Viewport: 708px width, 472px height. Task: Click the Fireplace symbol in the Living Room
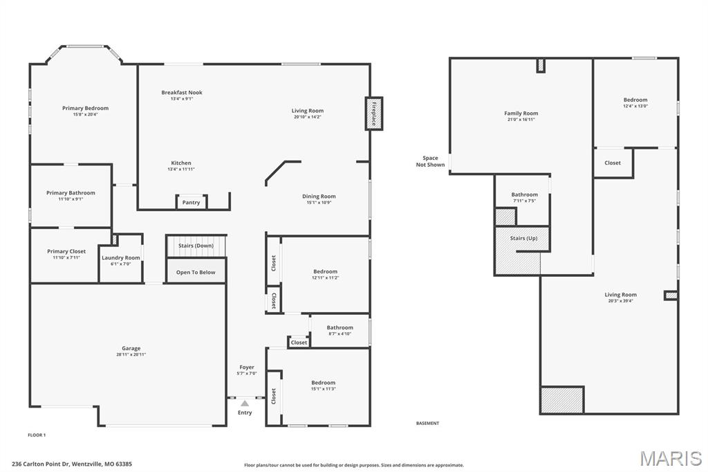tap(374, 114)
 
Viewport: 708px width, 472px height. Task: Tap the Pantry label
tap(192, 203)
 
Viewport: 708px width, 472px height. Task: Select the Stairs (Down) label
tap(196, 246)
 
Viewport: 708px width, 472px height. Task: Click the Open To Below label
tap(196, 272)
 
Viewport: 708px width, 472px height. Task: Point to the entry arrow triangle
tap(245, 403)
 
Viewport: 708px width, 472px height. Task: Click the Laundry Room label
tap(121, 257)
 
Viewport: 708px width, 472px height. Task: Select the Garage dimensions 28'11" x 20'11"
tap(131, 354)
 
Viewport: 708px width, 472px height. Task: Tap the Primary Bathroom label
tap(71, 192)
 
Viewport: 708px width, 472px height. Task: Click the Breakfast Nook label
tap(182, 92)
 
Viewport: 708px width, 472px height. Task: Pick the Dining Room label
tap(319, 196)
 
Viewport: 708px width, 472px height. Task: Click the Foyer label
tap(247, 367)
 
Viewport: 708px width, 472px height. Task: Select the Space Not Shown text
tap(430, 161)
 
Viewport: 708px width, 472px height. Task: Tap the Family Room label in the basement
tap(521, 113)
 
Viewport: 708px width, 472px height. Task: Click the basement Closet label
tap(613, 163)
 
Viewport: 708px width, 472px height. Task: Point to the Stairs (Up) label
tap(523, 238)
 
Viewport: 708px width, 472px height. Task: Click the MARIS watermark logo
tap(671, 457)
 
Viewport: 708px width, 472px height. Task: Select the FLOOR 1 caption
tap(37, 435)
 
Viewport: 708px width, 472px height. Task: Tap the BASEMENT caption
tap(427, 423)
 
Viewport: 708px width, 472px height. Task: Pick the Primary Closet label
tap(67, 251)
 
